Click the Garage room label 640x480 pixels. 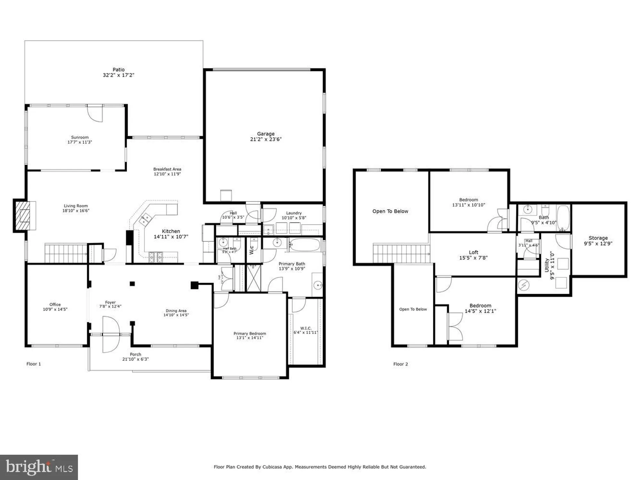tap(266, 134)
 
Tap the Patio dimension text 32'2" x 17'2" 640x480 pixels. tap(118, 75)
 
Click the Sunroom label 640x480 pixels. tap(80, 137)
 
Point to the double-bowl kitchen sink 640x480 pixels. tap(145, 219)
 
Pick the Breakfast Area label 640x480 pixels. tap(167, 169)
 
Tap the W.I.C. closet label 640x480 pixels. tap(306, 328)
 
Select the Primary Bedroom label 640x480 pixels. tap(250, 333)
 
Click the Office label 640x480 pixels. tap(55, 304)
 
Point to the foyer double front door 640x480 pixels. tap(110, 334)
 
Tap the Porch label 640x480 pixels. tap(135, 354)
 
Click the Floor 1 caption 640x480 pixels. tap(34, 364)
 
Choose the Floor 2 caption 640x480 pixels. tap(401, 364)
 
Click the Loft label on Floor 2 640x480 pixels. tap(473, 252)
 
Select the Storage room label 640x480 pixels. tap(598, 238)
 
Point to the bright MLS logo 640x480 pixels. tap(39, 467)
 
